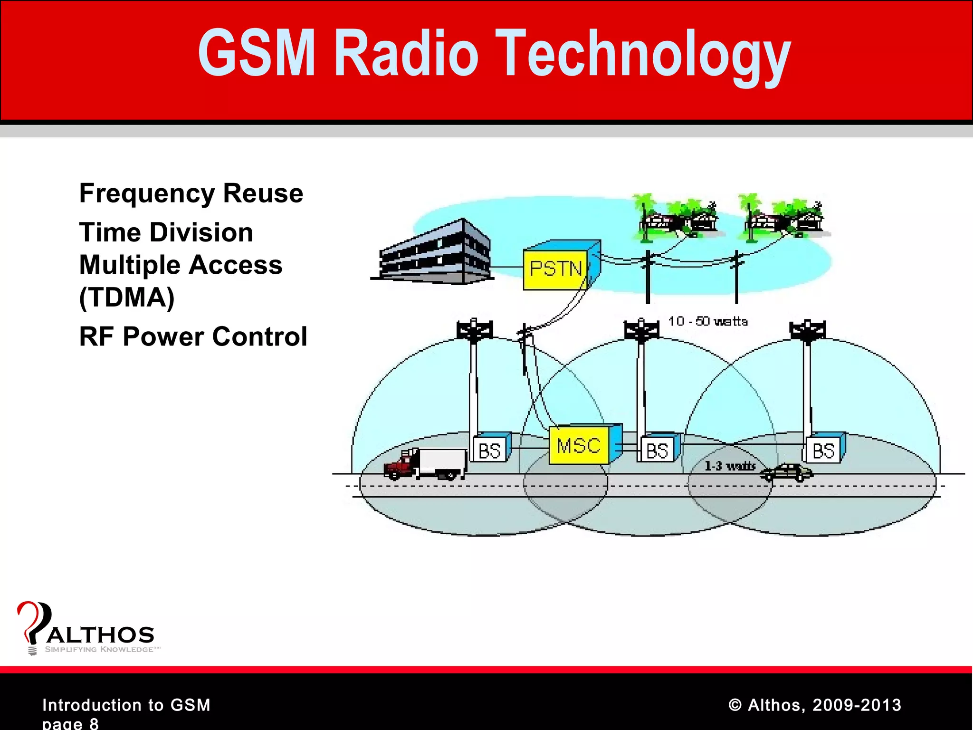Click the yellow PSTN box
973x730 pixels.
[x=556, y=269]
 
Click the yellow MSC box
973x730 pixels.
[x=579, y=446]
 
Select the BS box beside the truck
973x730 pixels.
[x=489, y=450]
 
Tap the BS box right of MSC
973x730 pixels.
[x=657, y=450]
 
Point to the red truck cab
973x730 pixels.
[x=400, y=465]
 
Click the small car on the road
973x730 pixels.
[x=786, y=472]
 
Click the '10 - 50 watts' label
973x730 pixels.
[x=708, y=322]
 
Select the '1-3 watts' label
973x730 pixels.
[x=730, y=466]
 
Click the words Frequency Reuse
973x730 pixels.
[x=191, y=193]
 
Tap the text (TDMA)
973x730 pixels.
[x=127, y=298]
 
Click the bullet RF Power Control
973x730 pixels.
[x=193, y=336]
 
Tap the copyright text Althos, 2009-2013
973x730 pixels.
[x=814, y=705]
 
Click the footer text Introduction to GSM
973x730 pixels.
[x=126, y=705]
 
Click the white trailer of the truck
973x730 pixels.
[x=442, y=461]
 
